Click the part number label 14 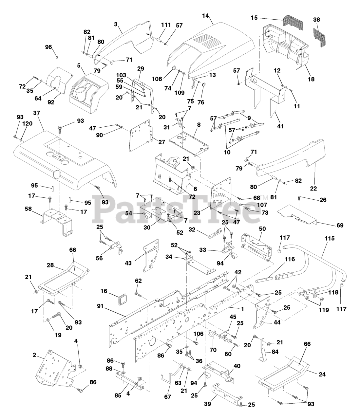(205, 16)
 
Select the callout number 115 (330, 238)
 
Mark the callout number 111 (166, 25)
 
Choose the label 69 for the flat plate (340, 225)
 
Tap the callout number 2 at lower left (34, 355)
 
